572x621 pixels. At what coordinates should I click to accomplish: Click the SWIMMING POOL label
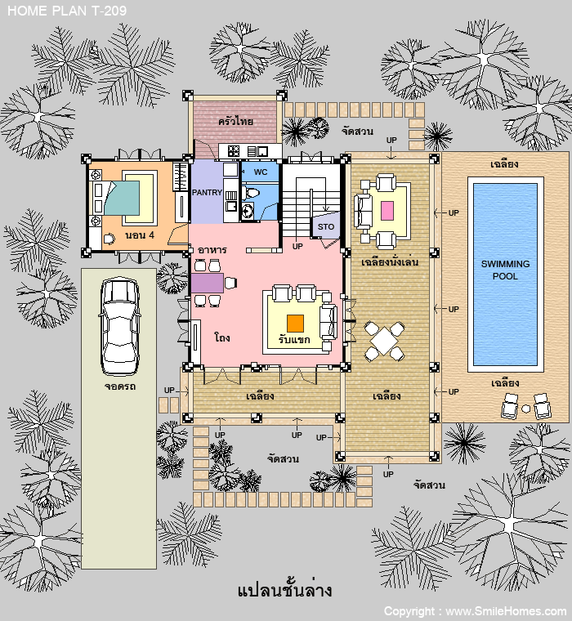click(505, 270)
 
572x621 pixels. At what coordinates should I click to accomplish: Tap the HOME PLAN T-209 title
click(67, 11)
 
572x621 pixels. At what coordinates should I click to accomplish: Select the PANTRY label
click(207, 193)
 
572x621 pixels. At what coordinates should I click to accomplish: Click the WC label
click(261, 172)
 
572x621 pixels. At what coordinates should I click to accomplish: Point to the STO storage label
click(326, 226)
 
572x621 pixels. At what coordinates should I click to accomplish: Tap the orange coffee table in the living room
click(295, 324)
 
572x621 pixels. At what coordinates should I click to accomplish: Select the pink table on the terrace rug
click(387, 211)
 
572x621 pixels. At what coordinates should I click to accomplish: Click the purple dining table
click(208, 283)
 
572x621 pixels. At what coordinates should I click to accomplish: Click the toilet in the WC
click(250, 193)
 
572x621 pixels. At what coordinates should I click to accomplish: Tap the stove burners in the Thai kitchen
click(233, 151)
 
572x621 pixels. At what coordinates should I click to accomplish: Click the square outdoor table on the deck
click(384, 341)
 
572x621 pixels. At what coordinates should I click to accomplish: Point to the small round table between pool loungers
click(525, 409)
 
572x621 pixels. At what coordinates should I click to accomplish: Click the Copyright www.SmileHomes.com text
click(476, 611)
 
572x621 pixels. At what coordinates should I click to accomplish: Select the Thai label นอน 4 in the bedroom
click(140, 235)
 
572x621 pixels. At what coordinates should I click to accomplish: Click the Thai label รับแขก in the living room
click(294, 339)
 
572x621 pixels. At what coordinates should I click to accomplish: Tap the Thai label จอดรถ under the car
click(120, 386)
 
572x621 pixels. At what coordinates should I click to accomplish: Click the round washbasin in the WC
click(248, 210)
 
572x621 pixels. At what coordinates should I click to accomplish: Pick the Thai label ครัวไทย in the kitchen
click(235, 121)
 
